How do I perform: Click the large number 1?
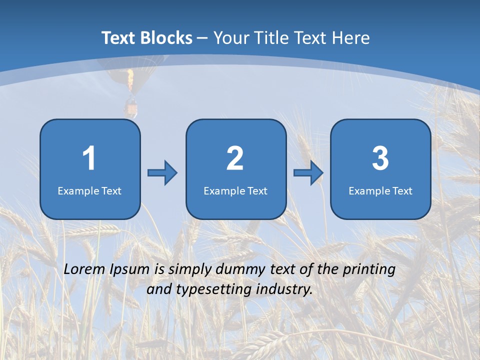[x=89, y=158]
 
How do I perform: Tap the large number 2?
[x=235, y=158]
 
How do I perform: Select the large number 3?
[x=380, y=158]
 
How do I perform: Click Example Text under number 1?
[x=89, y=190]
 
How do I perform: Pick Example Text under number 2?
[x=235, y=190]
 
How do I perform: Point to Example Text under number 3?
[x=380, y=190]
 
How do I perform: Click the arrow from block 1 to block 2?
[x=162, y=172]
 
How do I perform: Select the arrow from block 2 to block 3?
[x=308, y=172]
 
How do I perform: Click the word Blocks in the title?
[x=166, y=38]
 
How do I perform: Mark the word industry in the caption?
[x=284, y=289]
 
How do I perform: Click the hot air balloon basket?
[x=131, y=108]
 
